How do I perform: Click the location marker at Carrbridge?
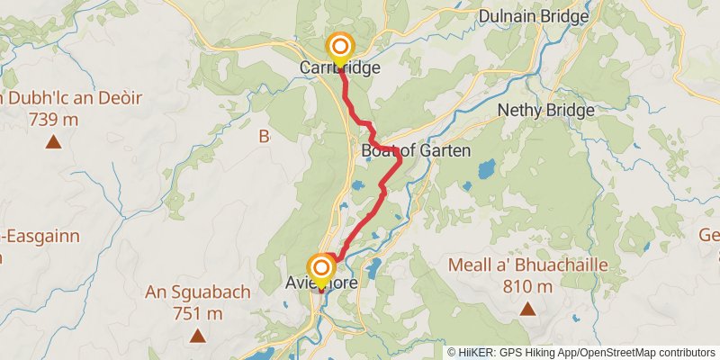[341, 47]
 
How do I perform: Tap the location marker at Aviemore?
[321, 268]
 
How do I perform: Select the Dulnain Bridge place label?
[534, 16]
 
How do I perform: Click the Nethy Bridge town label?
[546, 111]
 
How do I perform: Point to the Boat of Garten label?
[416, 151]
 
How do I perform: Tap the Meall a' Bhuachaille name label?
[528, 267]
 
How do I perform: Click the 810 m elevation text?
[527, 287]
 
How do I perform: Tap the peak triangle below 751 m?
[196, 337]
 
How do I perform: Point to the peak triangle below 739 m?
[54, 142]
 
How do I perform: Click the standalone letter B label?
[264, 137]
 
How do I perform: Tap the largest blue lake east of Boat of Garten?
[487, 168]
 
